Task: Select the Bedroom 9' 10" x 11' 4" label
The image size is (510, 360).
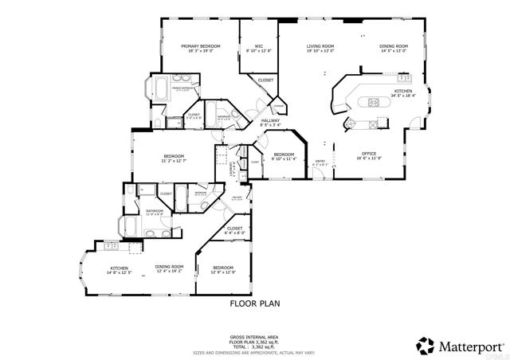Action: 284,156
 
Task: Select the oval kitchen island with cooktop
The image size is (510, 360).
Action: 373,101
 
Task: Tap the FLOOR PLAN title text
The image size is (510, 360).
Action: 254,303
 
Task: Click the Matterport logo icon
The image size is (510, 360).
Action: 425,346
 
